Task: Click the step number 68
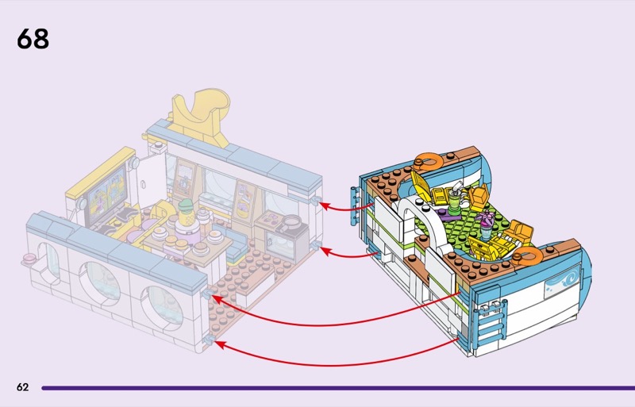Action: click(33, 38)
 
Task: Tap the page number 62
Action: click(22, 387)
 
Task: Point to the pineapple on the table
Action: click(185, 213)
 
